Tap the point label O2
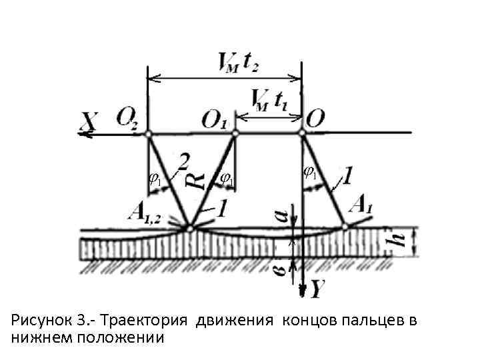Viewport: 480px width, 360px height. pos(128,119)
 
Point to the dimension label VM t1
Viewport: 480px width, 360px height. pos(271,101)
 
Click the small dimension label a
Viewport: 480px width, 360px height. pos(281,215)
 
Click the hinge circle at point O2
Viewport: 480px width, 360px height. pos(149,134)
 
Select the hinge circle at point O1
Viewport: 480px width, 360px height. pos(235,134)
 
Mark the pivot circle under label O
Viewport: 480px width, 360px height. pos(301,134)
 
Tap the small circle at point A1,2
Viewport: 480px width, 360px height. pos(191,229)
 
